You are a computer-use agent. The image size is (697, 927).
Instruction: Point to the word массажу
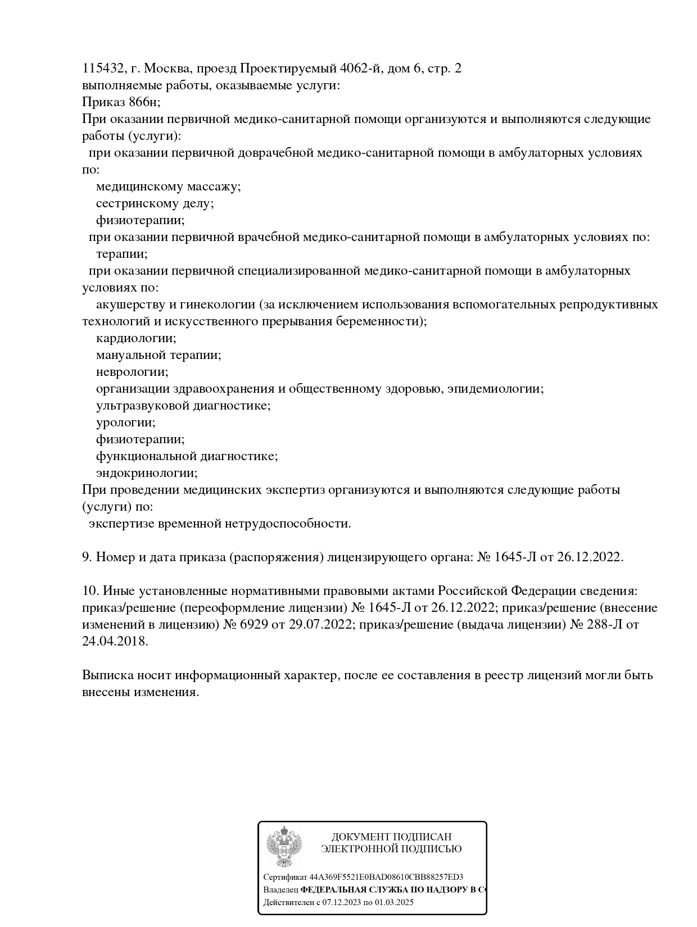(x=214, y=187)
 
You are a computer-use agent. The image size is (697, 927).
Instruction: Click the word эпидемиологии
(x=495, y=389)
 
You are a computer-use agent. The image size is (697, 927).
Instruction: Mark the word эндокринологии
(x=147, y=473)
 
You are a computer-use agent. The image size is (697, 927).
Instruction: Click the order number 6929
(x=254, y=625)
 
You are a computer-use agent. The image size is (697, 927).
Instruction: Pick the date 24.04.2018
(x=115, y=642)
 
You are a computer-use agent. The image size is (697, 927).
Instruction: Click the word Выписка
(x=105, y=675)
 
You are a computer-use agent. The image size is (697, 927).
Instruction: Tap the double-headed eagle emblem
(x=284, y=847)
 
